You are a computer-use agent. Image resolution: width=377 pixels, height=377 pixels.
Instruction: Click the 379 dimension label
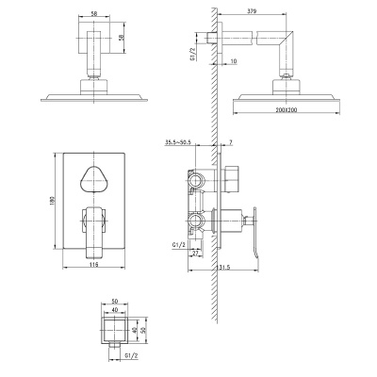[x=252, y=11]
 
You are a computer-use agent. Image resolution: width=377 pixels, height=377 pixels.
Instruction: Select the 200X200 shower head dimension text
[x=287, y=109]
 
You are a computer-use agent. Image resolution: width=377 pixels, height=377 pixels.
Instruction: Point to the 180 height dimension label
[x=52, y=201]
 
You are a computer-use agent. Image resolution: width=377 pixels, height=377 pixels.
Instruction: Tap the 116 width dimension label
[x=93, y=265]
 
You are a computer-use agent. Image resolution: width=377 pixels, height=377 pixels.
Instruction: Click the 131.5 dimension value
[x=223, y=268]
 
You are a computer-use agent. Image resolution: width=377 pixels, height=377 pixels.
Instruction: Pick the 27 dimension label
[x=195, y=254]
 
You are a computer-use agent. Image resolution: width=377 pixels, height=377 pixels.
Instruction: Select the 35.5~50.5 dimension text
[x=177, y=142]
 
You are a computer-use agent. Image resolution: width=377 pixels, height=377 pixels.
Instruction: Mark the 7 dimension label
[x=231, y=142]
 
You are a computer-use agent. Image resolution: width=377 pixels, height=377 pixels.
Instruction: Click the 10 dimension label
[x=234, y=61]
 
